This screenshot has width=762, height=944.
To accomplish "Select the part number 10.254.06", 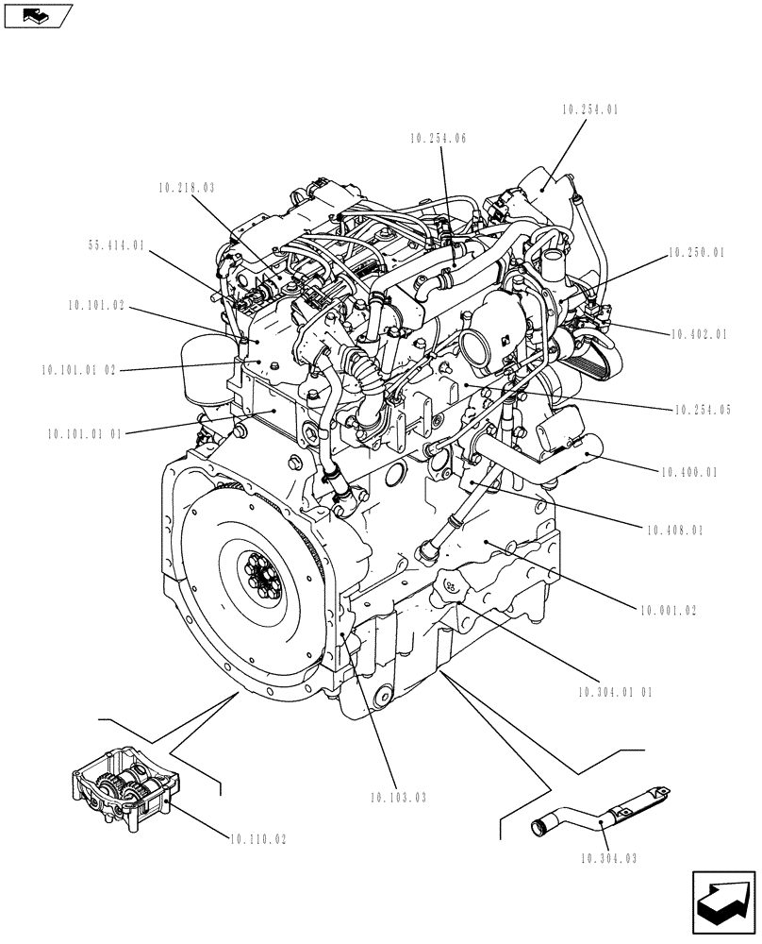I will pos(439,138).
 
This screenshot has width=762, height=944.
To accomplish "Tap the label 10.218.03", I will pos(187,188).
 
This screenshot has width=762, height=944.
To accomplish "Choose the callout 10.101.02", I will pos(97,306).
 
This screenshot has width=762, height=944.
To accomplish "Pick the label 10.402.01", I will pos(702,334).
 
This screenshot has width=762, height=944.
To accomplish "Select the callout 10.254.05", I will pos(702,411).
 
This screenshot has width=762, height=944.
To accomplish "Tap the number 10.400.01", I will pos(689,472).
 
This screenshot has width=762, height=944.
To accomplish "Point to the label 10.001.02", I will pos(666,611).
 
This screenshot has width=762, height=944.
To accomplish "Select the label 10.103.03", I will pos(399,798).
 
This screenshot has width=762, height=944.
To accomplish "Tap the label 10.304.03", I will pos(611,858).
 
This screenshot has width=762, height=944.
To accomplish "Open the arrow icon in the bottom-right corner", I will pos(723,903).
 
